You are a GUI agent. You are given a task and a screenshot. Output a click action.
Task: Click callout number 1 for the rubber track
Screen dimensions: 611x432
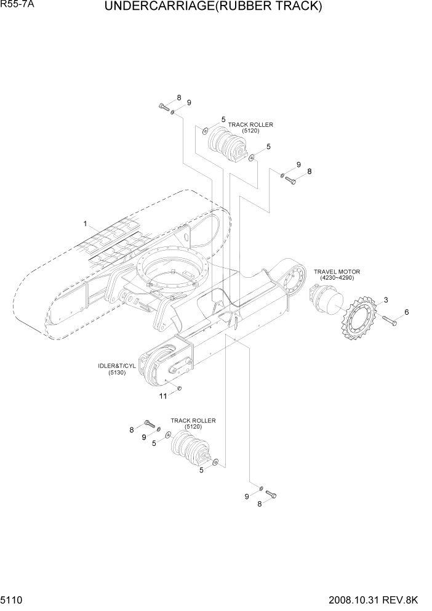(86, 224)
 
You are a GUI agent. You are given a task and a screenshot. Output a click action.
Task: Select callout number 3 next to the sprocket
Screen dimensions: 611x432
(385, 300)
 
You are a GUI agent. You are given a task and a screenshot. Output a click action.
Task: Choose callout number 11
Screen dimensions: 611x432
(163, 396)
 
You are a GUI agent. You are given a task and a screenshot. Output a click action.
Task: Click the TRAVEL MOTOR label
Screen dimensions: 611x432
(337, 272)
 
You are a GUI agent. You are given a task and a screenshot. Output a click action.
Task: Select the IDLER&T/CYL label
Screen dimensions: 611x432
(117, 366)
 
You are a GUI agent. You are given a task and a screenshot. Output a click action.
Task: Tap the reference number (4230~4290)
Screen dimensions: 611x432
(337, 278)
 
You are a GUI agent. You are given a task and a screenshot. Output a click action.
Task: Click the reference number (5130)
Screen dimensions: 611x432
(117, 373)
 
